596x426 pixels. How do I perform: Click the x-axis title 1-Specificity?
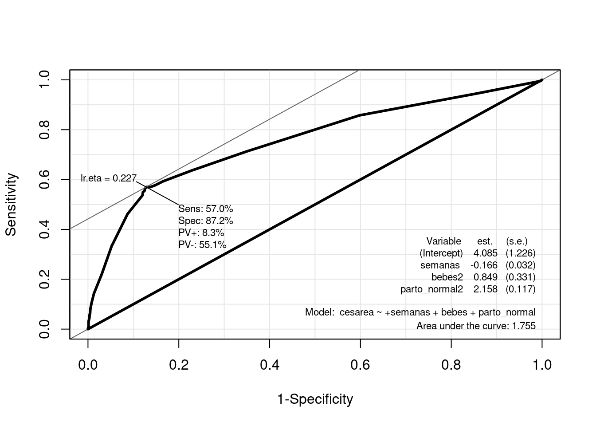coord(315,399)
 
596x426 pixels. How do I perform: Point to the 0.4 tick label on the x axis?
coord(270,365)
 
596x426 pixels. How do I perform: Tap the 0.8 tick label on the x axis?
coord(451,365)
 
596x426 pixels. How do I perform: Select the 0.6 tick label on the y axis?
coord(44,180)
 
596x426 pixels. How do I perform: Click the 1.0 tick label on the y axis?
coord(44,80)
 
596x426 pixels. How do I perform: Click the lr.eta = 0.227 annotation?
coord(109,178)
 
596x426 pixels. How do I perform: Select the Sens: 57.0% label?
coord(205,209)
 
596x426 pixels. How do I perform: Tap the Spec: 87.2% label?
coord(205,221)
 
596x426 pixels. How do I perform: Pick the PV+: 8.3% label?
coord(201,233)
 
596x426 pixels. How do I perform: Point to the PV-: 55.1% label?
coord(202,245)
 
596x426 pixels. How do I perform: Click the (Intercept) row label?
coord(441,253)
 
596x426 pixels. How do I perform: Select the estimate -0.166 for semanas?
coord(484,265)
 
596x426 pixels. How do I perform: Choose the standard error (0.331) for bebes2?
coord(521,277)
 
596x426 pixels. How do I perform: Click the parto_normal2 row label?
coord(431,289)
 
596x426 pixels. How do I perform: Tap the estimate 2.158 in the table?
coord(486,289)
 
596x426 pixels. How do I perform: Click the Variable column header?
coord(443,241)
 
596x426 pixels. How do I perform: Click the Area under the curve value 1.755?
coord(524,326)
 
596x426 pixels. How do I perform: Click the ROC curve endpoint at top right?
coord(541,80)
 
